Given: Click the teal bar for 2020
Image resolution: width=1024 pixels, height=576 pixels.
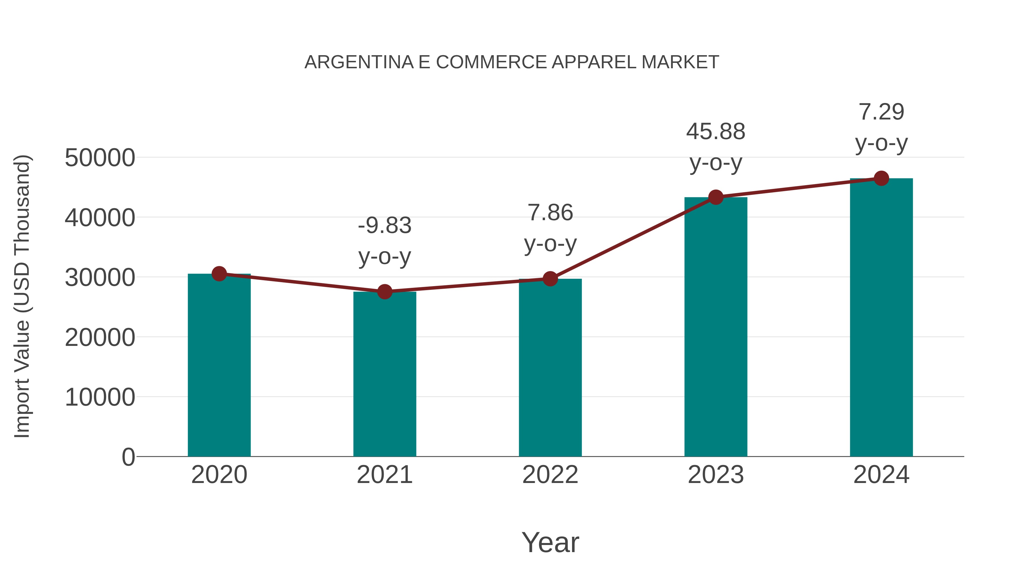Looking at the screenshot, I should click(x=219, y=366).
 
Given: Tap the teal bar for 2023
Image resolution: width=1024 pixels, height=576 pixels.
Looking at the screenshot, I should click(x=716, y=326).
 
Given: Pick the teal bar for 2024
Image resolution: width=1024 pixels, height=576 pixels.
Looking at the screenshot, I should click(x=881, y=318).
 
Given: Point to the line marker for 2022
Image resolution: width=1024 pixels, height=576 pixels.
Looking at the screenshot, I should click(x=550, y=279).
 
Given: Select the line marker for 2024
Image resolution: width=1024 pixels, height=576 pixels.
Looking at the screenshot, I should click(x=881, y=178).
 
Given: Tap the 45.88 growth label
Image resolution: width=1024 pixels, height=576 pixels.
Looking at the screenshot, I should click(x=716, y=132).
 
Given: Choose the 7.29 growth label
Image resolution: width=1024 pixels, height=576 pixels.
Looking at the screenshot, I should click(x=881, y=112).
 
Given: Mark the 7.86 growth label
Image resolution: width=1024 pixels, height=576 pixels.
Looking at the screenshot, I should click(x=550, y=213).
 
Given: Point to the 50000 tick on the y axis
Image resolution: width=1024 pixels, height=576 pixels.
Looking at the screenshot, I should click(x=100, y=158).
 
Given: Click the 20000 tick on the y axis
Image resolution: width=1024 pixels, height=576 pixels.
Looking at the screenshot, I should click(x=100, y=337).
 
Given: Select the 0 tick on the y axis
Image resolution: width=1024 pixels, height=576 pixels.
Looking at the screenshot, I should click(x=128, y=457).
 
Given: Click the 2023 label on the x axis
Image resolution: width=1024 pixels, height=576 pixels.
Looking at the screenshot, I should click(x=716, y=475).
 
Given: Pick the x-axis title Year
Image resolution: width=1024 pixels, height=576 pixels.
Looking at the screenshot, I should click(x=550, y=542).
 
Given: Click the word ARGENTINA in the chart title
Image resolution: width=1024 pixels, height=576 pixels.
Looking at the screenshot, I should click(x=359, y=62).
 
